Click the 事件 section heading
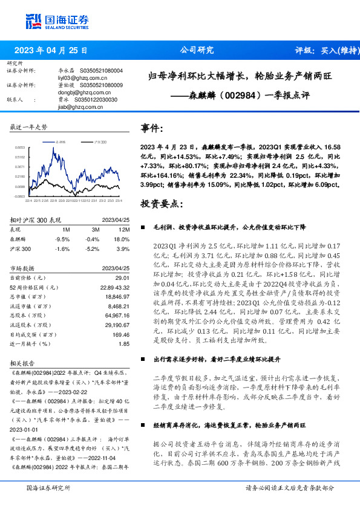[x=152, y=128]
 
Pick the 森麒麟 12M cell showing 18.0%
[x=123, y=239]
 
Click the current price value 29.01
[x=123, y=276]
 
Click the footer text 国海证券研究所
[x=47, y=487]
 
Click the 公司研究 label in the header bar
[x=197, y=51]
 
